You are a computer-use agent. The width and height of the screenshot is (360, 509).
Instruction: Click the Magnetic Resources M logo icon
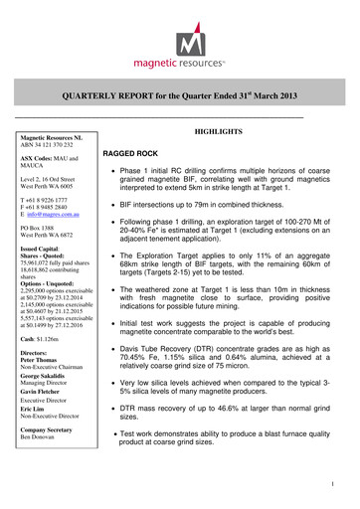tap(181, 37)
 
